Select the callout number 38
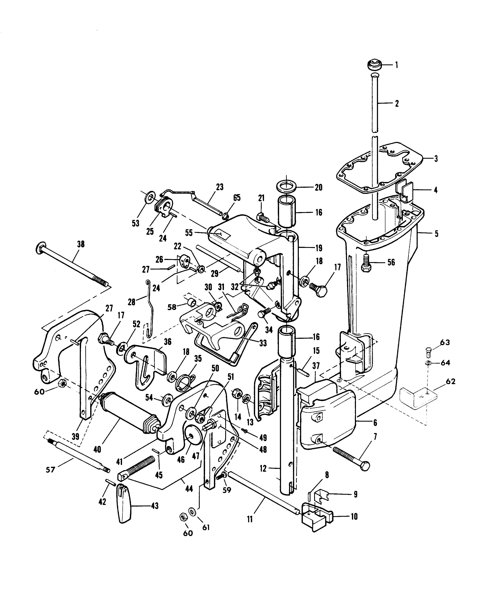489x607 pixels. coord(81,244)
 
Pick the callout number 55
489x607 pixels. coord(189,233)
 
